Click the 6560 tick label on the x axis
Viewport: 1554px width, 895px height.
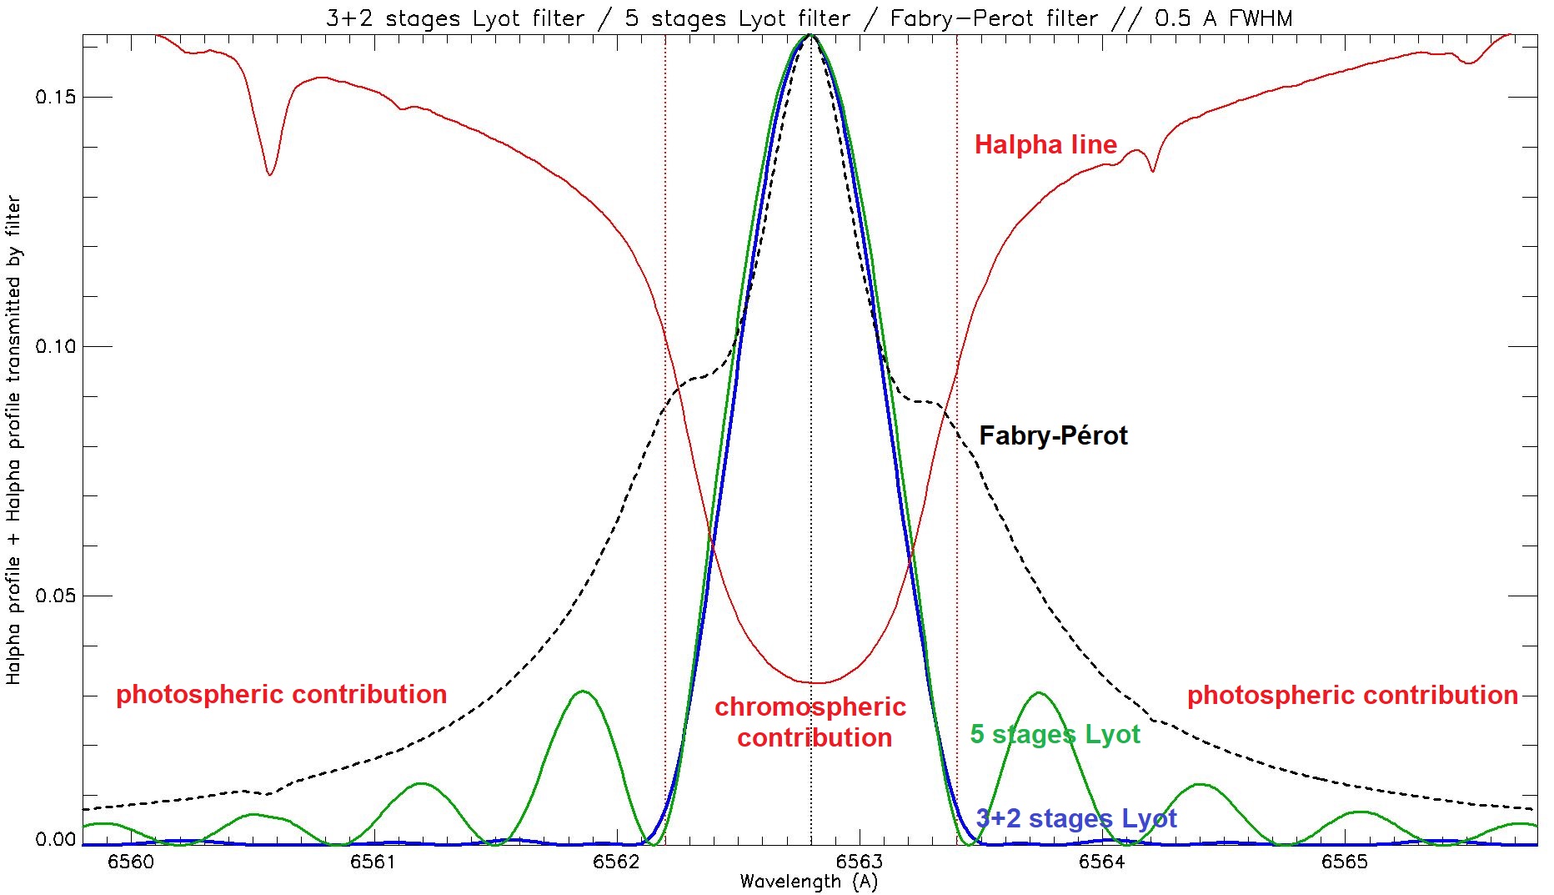(131, 862)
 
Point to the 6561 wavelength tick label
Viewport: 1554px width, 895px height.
(373, 862)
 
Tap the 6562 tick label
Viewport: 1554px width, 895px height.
(616, 862)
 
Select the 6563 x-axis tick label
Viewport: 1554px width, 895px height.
(859, 862)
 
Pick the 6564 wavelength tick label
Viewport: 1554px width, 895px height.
(1102, 862)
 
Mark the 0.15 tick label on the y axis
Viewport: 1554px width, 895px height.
(55, 98)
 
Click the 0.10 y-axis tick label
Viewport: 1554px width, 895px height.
(55, 346)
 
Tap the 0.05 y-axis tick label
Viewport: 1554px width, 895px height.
(55, 596)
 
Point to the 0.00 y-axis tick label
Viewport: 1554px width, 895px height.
(55, 840)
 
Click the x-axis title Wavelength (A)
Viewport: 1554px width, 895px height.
(809, 882)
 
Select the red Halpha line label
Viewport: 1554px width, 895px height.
(1045, 145)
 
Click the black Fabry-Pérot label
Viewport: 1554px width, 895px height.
(1053, 435)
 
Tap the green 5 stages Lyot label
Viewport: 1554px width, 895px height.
(1055, 734)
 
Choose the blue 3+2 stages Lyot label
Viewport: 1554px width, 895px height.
(1076, 818)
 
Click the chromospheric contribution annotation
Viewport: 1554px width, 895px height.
(810, 722)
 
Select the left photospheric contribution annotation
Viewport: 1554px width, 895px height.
(281, 694)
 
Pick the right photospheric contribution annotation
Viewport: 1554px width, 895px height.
(1352, 695)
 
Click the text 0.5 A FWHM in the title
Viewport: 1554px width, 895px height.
(1223, 18)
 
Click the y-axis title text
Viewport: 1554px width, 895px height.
(14, 440)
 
